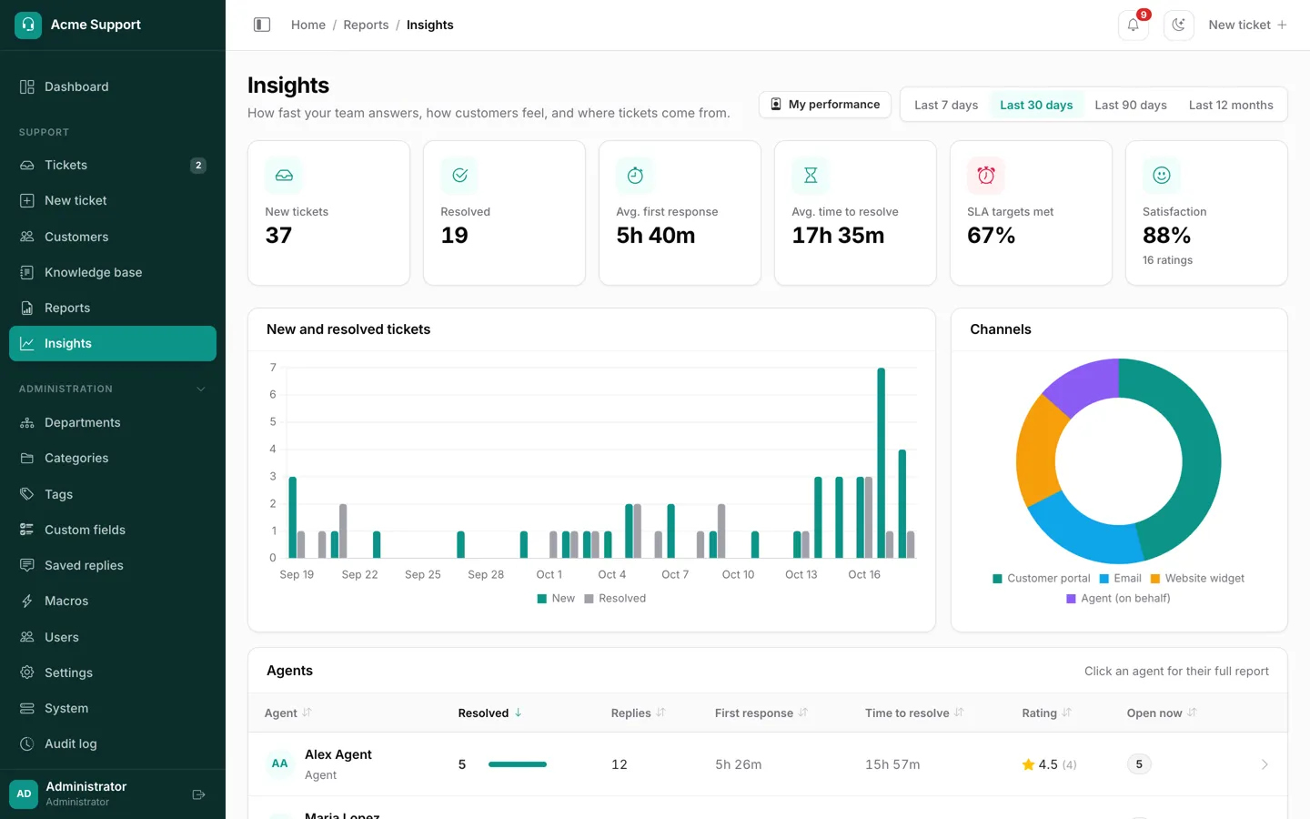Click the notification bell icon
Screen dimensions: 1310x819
[x=1133, y=25]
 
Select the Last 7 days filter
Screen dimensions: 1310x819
[x=946, y=105]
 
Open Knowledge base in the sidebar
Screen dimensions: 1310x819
[x=93, y=272]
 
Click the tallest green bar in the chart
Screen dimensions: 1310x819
[x=881, y=462]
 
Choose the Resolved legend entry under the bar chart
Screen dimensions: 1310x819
[x=615, y=599]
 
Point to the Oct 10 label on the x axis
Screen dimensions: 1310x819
[x=738, y=574]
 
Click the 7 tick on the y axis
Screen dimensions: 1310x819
[x=273, y=368]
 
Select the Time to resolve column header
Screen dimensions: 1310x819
[x=906, y=713]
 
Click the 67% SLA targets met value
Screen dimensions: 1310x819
[x=991, y=235]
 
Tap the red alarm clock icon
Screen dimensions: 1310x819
[x=985, y=175]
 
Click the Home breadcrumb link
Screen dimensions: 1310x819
[x=308, y=25]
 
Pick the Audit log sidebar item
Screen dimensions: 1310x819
[x=71, y=743]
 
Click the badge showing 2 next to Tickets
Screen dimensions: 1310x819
[x=198, y=165]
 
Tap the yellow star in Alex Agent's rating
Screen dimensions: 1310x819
[x=1028, y=764]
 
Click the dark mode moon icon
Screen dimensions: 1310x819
[x=1178, y=25]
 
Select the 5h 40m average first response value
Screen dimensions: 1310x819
[x=656, y=235]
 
